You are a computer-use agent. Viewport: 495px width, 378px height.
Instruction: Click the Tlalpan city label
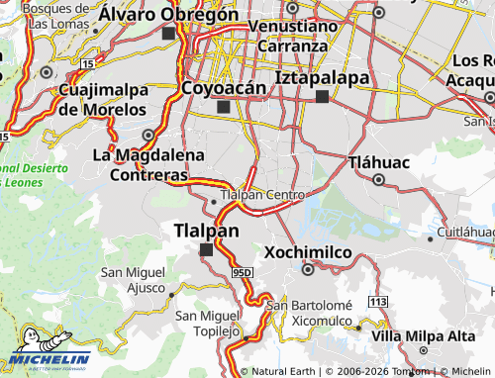point(206,231)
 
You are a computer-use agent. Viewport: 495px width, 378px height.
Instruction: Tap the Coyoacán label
point(225,88)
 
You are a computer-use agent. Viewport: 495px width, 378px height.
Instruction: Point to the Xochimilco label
point(307,252)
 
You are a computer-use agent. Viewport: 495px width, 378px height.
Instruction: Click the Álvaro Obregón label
point(168,14)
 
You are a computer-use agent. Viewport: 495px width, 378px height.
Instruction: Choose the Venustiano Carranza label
point(291,35)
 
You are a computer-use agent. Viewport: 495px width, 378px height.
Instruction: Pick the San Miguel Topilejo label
point(208,322)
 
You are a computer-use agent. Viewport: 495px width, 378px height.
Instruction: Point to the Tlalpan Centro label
point(265,195)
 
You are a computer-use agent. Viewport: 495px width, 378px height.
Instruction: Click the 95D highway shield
point(246,270)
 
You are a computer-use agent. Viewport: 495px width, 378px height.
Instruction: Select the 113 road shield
point(376,300)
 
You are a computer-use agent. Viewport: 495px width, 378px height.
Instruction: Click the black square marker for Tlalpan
point(206,249)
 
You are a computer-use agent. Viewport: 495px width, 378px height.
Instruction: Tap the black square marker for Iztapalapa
point(322,96)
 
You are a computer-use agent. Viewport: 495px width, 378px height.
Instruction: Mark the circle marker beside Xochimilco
point(308,268)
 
